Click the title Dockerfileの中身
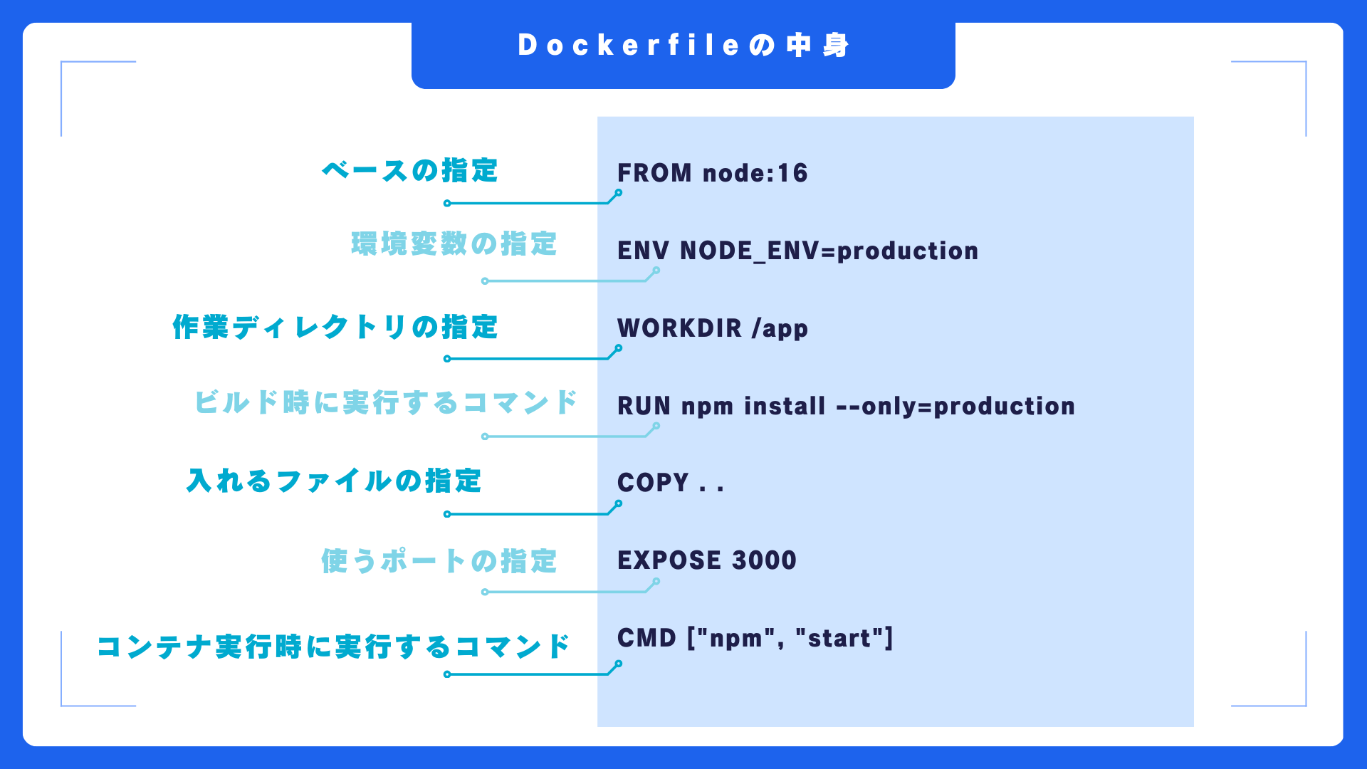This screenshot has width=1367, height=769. click(683, 46)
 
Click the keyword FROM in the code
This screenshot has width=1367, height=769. click(654, 173)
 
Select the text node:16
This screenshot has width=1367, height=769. click(755, 173)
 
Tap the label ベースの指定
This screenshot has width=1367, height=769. click(409, 171)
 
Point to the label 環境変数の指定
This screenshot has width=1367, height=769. click(454, 244)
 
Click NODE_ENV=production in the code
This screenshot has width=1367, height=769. click(829, 251)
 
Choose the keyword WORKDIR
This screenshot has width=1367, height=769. click(679, 328)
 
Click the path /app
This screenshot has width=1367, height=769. click(780, 329)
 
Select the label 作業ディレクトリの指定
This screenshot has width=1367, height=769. click(335, 328)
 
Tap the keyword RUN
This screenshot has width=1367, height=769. click(644, 406)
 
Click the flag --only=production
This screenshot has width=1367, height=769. click(955, 406)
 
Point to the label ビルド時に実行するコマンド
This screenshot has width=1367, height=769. click(385, 403)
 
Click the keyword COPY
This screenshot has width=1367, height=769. click(653, 483)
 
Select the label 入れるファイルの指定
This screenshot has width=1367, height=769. click(334, 481)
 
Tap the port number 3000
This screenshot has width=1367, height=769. click(764, 560)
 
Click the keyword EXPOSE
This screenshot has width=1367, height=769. click(669, 560)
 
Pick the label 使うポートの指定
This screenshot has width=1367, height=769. click(439, 562)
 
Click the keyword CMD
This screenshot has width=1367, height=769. click(646, 638)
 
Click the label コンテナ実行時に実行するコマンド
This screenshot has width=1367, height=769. click(333, 647)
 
